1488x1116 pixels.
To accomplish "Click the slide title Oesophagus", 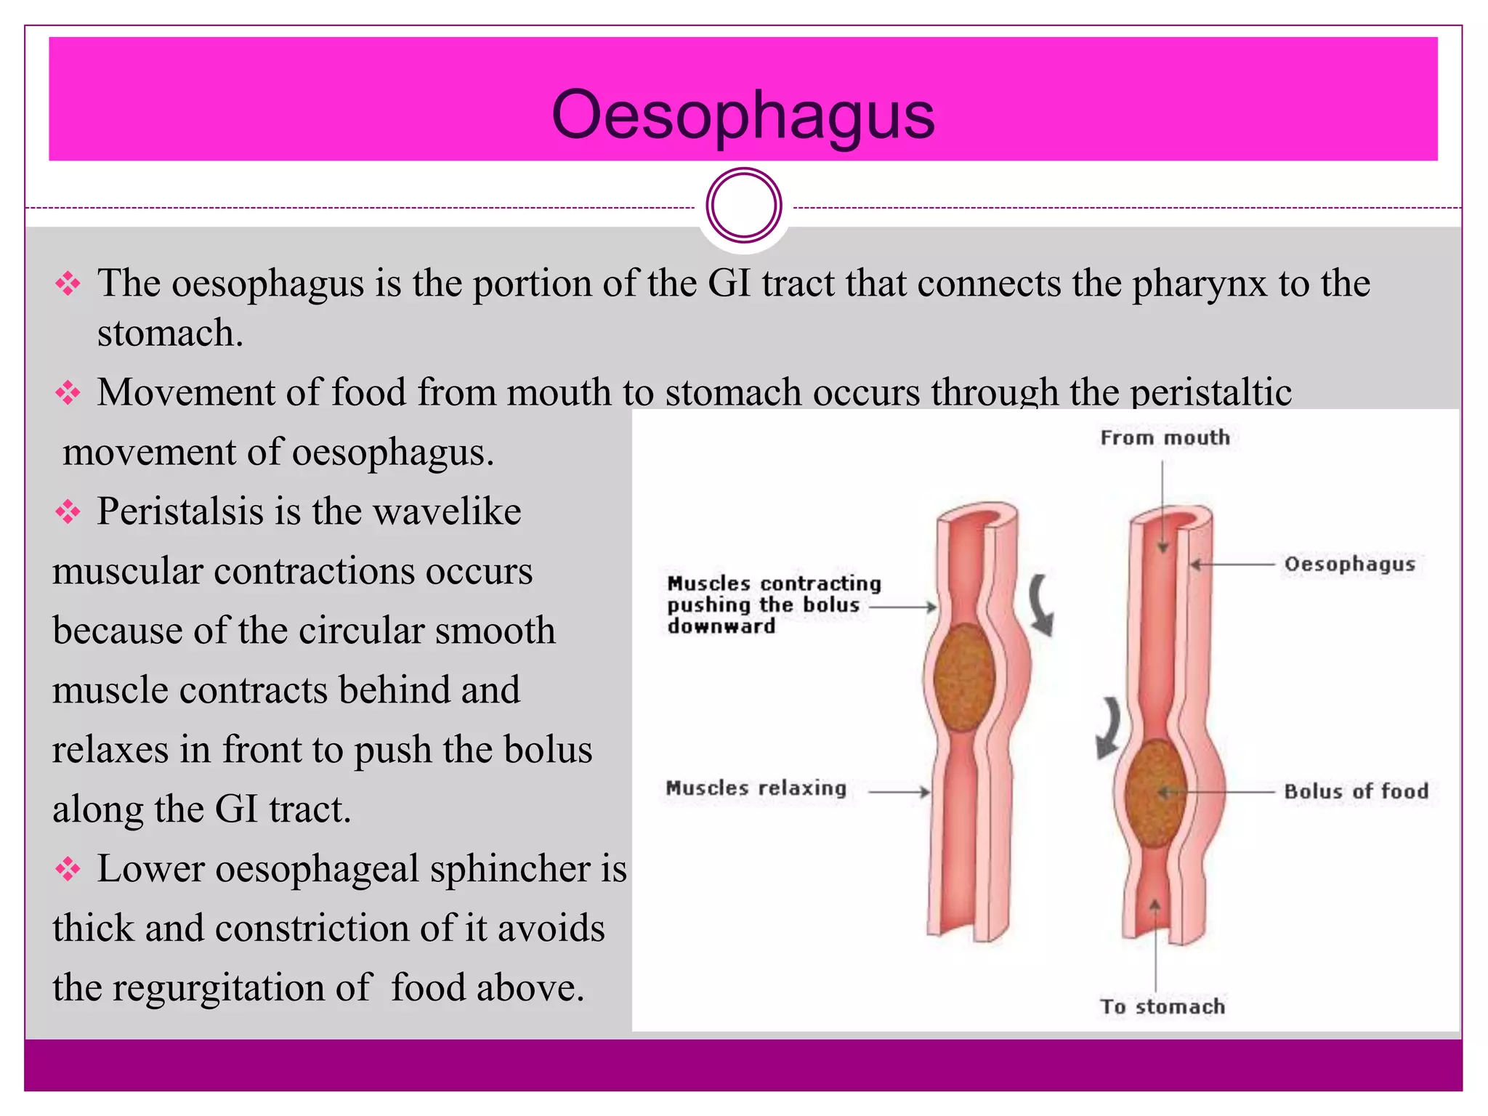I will pyautogui.click(x=743, y=115).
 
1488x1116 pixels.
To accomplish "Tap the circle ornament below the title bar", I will pyautogui.click(x=743, y=206).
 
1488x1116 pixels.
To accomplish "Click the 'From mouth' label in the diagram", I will pyautogui.click(x=1165, y=437).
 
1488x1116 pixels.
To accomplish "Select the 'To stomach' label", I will pyautogui.click(x=1162, y=1006).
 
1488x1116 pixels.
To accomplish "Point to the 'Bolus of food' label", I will pyautogui.click(x=1356, y=791).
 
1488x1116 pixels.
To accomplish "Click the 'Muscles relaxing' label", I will pyautogui.click(x=756, y=788).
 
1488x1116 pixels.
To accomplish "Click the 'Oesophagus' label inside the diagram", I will pyautogui.click(x=1349, y=564).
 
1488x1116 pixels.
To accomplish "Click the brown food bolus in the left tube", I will pyautogui.click(x=964, y=677).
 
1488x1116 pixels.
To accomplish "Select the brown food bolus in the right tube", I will pyautogui.click(x=1155, y=793).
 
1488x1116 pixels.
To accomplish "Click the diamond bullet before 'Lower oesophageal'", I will pyautogui.click(x=68, y=869).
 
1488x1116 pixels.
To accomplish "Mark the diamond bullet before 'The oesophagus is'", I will pyautogui.click(x=68, y=283).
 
